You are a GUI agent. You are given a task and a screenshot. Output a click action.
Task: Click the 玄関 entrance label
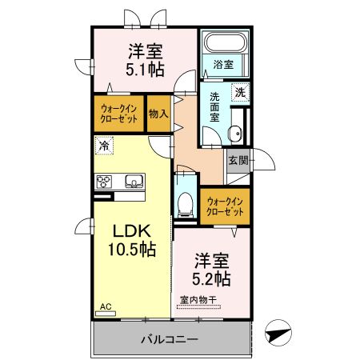(238, 160)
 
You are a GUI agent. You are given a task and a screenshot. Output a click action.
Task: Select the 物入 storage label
(159, 114)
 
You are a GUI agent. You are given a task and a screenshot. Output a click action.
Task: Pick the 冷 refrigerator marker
(102, 146)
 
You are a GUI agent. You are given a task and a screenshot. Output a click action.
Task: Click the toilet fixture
(186, 202)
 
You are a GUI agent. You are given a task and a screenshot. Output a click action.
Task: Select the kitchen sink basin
(132, 180)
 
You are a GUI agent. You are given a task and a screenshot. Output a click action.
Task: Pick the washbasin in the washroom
(235, 134)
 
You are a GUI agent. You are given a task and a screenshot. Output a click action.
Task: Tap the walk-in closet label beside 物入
(119, 114)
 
